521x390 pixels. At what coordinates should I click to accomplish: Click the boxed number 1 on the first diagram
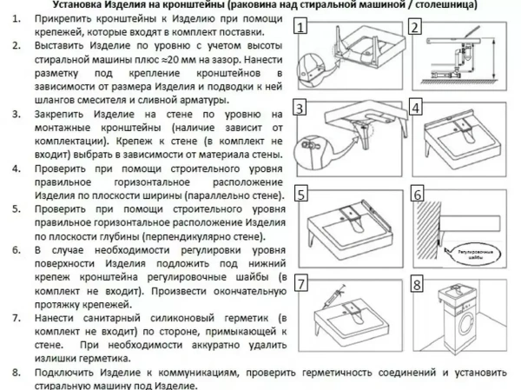pos(301,27)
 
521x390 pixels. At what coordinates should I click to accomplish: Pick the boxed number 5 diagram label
pos(302,195)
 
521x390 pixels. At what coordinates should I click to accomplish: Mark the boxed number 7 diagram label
pos(302,283)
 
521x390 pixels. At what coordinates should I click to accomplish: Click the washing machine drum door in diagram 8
pos(463,337)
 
